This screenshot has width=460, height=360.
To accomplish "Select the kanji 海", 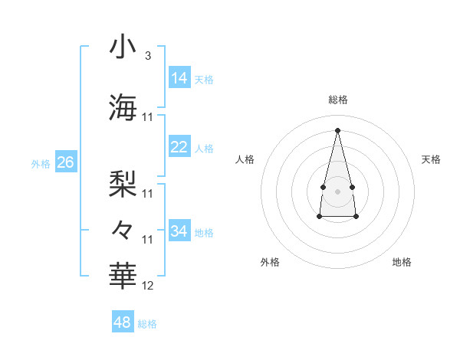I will pyautogui.click(x=123, y=107).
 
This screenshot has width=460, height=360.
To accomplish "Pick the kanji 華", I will pyautogui.click(x=123, y=276).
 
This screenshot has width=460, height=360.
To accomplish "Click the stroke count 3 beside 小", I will pyautogui.click(x=147, y=56).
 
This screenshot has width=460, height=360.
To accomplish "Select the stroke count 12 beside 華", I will pyautogui.click(x=148, y=286).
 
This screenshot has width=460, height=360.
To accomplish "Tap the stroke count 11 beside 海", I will pyautogui.click(x=148, y=117).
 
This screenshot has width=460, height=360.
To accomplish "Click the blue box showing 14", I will pyautogui.click(x=179, y=78).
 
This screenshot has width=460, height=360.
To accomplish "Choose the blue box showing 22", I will pyautogui.click(x=179, y=147).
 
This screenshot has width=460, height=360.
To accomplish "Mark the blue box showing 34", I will pyautogui.click(x=179, y=231).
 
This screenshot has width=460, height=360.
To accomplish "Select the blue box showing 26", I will pyautogui.click(x=65, y=162).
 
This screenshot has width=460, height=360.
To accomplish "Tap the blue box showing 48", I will pyautogui.click(x=123, y=322).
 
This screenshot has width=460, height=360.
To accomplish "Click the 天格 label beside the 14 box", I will pyautogui.click(x=204, y=80).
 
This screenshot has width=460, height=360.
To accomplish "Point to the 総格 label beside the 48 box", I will pyautogui.click(x=147, y=324).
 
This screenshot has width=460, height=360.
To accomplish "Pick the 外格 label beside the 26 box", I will pyautogui.click(x=41, y=164).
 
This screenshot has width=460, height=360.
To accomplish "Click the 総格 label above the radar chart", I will pyautogui.click(x=338, y=100).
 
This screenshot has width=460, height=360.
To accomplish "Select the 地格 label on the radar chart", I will pyautogui.click(x=402, y=262).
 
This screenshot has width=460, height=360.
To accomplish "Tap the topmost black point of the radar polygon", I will pyautogui.click(x=337, y=130).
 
